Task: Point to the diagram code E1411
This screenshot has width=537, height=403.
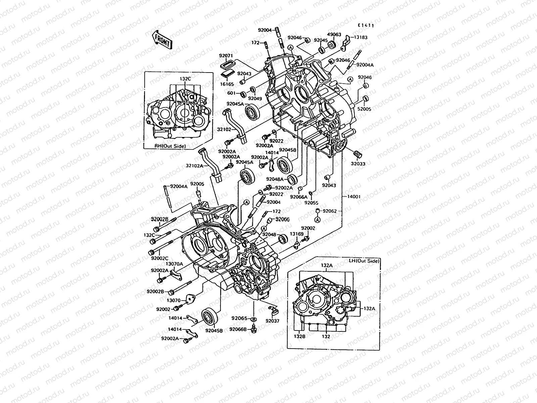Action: (365, 25)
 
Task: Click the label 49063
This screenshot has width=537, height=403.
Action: (334, 35)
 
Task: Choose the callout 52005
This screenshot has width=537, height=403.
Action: (364, 109)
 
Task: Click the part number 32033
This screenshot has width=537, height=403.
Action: (358, 164)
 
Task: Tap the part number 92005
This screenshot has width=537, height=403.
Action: (197, 184)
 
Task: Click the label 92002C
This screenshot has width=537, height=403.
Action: (160, 259)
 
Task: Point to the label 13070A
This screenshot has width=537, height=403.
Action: (175, 264)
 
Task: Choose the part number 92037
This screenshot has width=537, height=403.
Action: (272, 321)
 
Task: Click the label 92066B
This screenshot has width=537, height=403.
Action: (238, 329)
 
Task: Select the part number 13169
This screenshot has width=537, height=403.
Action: (297, 234)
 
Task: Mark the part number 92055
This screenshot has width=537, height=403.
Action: (312, 203)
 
